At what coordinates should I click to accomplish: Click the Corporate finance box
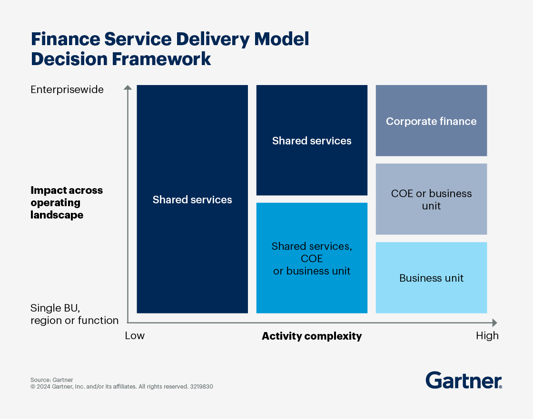pyautogui.click(x=431, y=121)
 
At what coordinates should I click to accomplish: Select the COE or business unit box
pyautogui.click(x=431, y=199)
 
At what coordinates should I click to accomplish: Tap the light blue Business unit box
pyautogui.click(x=431, y=278)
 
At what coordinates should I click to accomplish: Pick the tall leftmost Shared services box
pyautogui.click(x=192, y=199)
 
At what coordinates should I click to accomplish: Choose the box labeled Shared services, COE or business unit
pyautogui.click(x=312, y=258)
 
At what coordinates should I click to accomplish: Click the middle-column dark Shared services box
pyautogui.click(x=312, y=140)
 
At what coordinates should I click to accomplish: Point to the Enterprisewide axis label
pyautogui.click(x=67, y=89)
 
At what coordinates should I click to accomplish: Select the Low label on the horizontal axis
pyautogui.click(x=135, y=336)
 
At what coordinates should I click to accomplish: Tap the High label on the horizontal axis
pyautogui.click(x=487, y=336)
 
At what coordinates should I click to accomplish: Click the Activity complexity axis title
pyautogui.click(x=312, y=336)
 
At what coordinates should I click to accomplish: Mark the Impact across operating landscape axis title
pyautogui.click(x=67, y=202)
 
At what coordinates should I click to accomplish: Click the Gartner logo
pyautogui.click(x=464, y=381)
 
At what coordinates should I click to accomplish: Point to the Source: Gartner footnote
pyautogui.click(x=52, y=380)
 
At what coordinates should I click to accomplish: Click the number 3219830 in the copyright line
pyautogui.click(x=202, y=387)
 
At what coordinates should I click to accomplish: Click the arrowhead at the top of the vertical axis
pyautogui.click(x=127, y=87)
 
